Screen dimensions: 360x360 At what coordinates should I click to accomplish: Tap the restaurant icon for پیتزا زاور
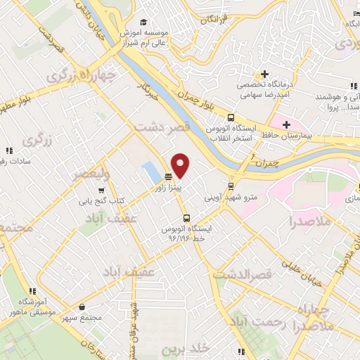(168, 177)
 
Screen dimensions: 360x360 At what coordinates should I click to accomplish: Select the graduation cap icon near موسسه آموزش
(144, 22)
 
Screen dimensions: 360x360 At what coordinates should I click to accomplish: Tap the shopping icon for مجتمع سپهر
(84, 307)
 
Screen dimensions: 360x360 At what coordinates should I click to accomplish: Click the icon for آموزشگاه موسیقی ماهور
(31, 291)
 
